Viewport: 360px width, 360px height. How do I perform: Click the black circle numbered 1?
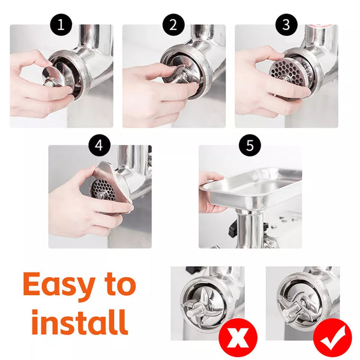(61, 25)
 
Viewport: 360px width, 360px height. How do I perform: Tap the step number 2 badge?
(173, 25)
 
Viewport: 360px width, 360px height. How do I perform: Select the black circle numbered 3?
(286, 25)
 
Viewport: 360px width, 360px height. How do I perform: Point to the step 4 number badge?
(100, 145)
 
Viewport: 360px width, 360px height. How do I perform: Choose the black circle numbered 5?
(250, 145)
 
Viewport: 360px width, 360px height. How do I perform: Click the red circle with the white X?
(238, 337)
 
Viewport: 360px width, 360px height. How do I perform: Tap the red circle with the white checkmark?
(332, 337)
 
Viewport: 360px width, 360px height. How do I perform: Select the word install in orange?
(79, 322)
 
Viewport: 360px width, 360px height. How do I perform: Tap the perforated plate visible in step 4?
(103, 190)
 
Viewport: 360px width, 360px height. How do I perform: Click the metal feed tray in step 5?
(251, 188)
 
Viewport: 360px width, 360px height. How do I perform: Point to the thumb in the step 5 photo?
(211, 177)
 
